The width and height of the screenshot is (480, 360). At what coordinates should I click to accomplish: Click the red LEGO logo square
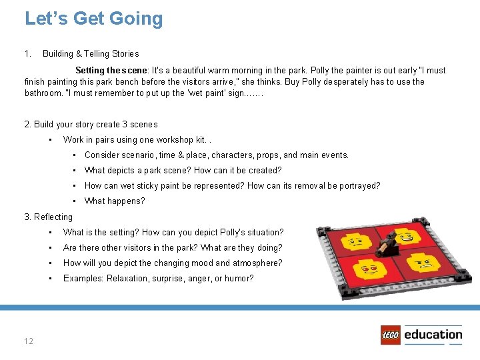(x=391, y=335)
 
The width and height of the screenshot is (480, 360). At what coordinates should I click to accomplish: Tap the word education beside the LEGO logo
(x=433, y=335)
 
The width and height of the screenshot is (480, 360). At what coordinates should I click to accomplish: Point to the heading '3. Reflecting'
(x=49, y=217)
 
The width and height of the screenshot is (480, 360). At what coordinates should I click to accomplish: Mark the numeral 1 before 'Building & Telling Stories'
(x=27, y=54)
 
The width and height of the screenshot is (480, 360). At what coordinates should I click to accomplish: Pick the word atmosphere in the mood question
(x=254, y=263)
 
